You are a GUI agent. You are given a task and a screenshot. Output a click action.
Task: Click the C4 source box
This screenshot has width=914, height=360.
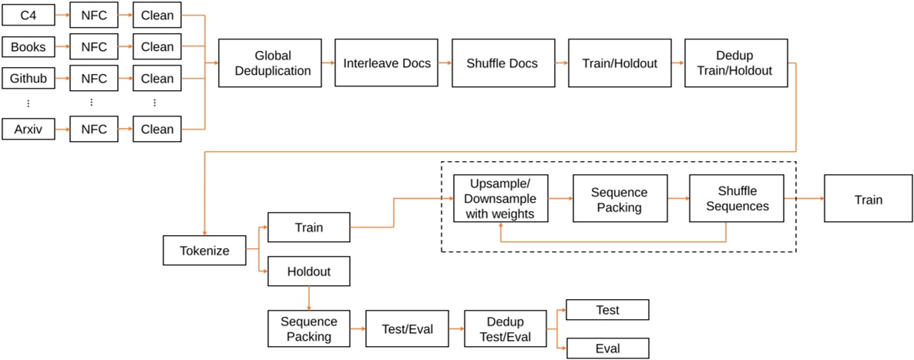[29, 15]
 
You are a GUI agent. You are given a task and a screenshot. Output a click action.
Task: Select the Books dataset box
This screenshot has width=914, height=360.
[29, 47]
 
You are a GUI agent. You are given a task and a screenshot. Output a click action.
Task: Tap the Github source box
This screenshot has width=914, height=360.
[29, 79]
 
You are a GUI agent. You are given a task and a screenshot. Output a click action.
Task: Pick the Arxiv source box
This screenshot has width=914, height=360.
[29, 130]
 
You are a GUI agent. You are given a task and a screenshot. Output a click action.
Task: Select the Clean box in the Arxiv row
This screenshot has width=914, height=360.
[157, 130]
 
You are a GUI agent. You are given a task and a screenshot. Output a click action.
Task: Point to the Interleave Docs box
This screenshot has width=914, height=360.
[387, 64]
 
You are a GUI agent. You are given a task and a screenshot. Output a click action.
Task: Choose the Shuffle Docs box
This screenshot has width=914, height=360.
[501, 64]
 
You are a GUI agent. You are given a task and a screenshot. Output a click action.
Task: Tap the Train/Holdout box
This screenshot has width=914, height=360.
[617, 64]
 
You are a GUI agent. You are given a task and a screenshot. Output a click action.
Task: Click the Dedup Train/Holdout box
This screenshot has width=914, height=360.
[734, 64]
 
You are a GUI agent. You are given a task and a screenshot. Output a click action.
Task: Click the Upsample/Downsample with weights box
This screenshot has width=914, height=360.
[500, 199]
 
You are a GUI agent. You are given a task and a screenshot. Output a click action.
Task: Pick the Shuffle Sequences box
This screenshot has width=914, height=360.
[736, 199]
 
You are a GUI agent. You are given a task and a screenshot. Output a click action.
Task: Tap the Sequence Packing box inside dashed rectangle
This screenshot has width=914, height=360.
[619, 199]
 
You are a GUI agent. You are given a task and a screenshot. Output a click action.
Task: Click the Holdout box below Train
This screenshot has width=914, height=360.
[308, 272]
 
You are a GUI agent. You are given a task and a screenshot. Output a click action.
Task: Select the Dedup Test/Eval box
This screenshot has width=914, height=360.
[505, 329]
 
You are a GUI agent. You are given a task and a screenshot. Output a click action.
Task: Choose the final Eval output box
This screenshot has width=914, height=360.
[608, 348]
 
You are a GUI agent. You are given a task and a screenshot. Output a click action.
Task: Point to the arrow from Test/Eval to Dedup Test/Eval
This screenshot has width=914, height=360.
[456, 329]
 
